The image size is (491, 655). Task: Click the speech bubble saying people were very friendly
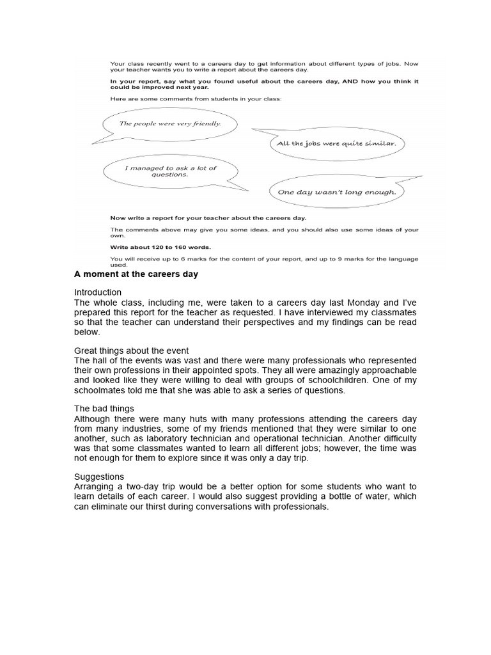coord(169,123)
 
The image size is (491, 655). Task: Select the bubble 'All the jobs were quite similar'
coord(336,143)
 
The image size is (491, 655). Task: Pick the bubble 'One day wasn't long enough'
coord(336,191)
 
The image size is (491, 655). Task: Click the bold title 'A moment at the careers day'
coord(136,274)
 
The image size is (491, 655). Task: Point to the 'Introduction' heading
coord(98,292)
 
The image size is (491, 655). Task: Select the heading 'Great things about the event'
coord(132,351)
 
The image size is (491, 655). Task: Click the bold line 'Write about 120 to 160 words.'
coord(160,246)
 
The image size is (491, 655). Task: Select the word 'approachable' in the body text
coord(387,370)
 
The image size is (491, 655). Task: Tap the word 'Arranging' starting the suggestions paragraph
coord(96,487)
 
